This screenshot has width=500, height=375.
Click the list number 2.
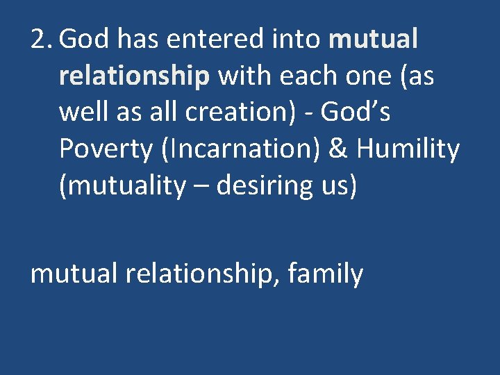click(x=41, y=40)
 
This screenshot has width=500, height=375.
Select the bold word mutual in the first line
click(x=374, y=40)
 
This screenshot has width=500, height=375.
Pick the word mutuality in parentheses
click(x=124, y=185)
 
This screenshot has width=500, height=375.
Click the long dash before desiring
click(x=203, y=186)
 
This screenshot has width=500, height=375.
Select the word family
click(x=325, y=274)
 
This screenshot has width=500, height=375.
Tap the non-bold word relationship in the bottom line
click(x=201, y=274)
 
